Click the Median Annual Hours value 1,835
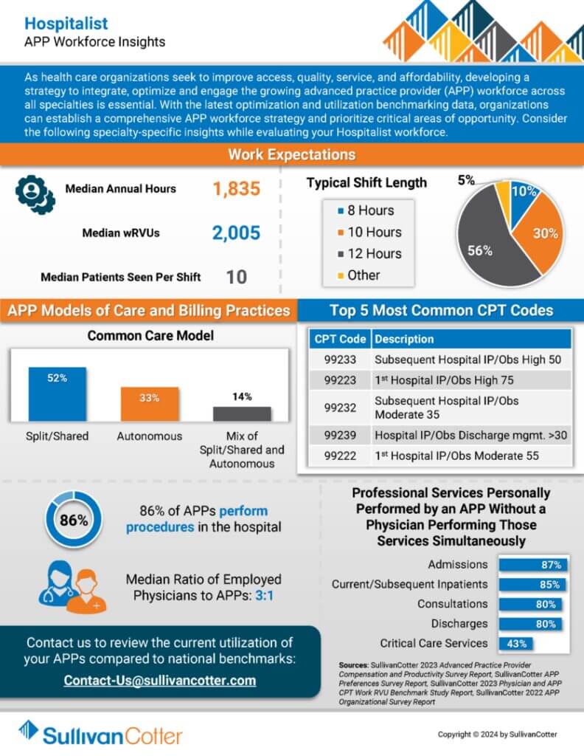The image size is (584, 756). [236, 189]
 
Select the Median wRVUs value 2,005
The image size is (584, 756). [236, 233]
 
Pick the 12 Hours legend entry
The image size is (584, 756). [369, 253]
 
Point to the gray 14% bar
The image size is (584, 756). [242, 413]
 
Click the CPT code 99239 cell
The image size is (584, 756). [340, 434]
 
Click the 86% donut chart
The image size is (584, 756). [74, 520]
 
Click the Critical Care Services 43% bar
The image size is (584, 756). [516, 643]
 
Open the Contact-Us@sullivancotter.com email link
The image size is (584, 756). [160, 680]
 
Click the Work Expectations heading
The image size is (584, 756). [291, 154]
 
